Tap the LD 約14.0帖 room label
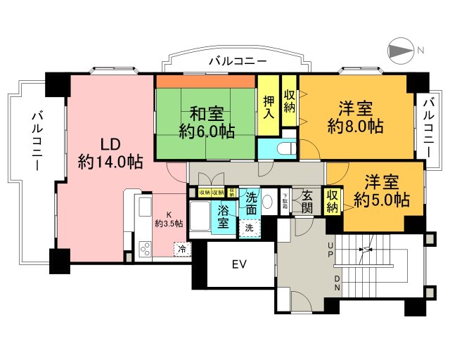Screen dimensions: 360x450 pos(110,153)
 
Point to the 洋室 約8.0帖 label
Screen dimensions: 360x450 pos(355,117)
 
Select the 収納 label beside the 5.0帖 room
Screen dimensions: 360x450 pos(332,200)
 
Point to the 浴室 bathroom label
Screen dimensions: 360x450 pos(223,216)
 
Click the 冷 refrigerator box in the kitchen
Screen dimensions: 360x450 pos(182,248)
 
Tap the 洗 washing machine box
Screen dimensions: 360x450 pos(249,227)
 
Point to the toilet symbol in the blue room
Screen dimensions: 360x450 pos(285,149)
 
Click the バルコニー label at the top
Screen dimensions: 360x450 pos(236,61)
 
